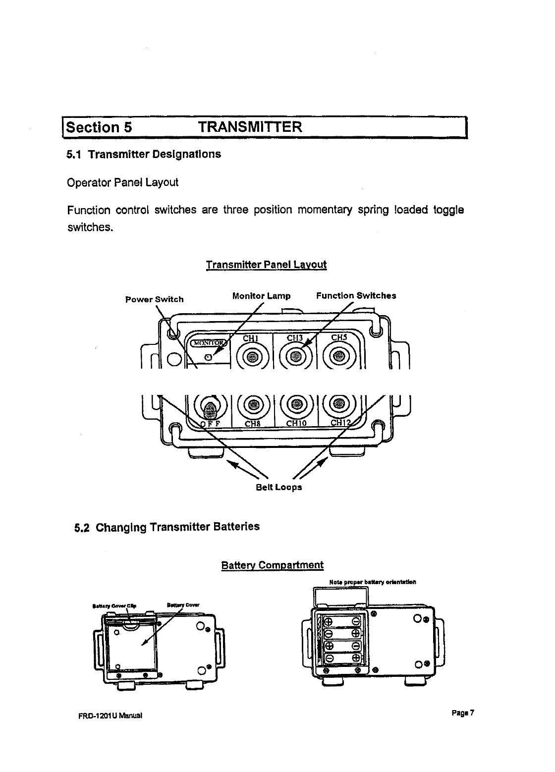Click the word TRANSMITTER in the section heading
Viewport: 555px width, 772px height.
pyautogui.click(x=249, y=127)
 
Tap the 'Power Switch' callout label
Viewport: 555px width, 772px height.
pyautogui.click(x=154, y=299)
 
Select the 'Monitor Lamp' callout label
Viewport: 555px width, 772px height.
pyautogui.click(x=261, y=296)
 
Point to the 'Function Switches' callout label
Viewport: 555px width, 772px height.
pyautogui.click(x=356, y=296)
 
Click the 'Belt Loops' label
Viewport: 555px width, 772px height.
pyautogui.click(x=278, y=487)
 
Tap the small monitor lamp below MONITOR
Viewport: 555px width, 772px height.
pyautogui.click(x=209, y=357)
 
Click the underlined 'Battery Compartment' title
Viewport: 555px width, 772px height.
pyautogui.click(x=272, y=565)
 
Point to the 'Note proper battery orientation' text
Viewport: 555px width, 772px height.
pyautogui.click(x=372, y=582)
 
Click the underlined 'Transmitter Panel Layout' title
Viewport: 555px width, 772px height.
pyautogui.click(x=266, y=264)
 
